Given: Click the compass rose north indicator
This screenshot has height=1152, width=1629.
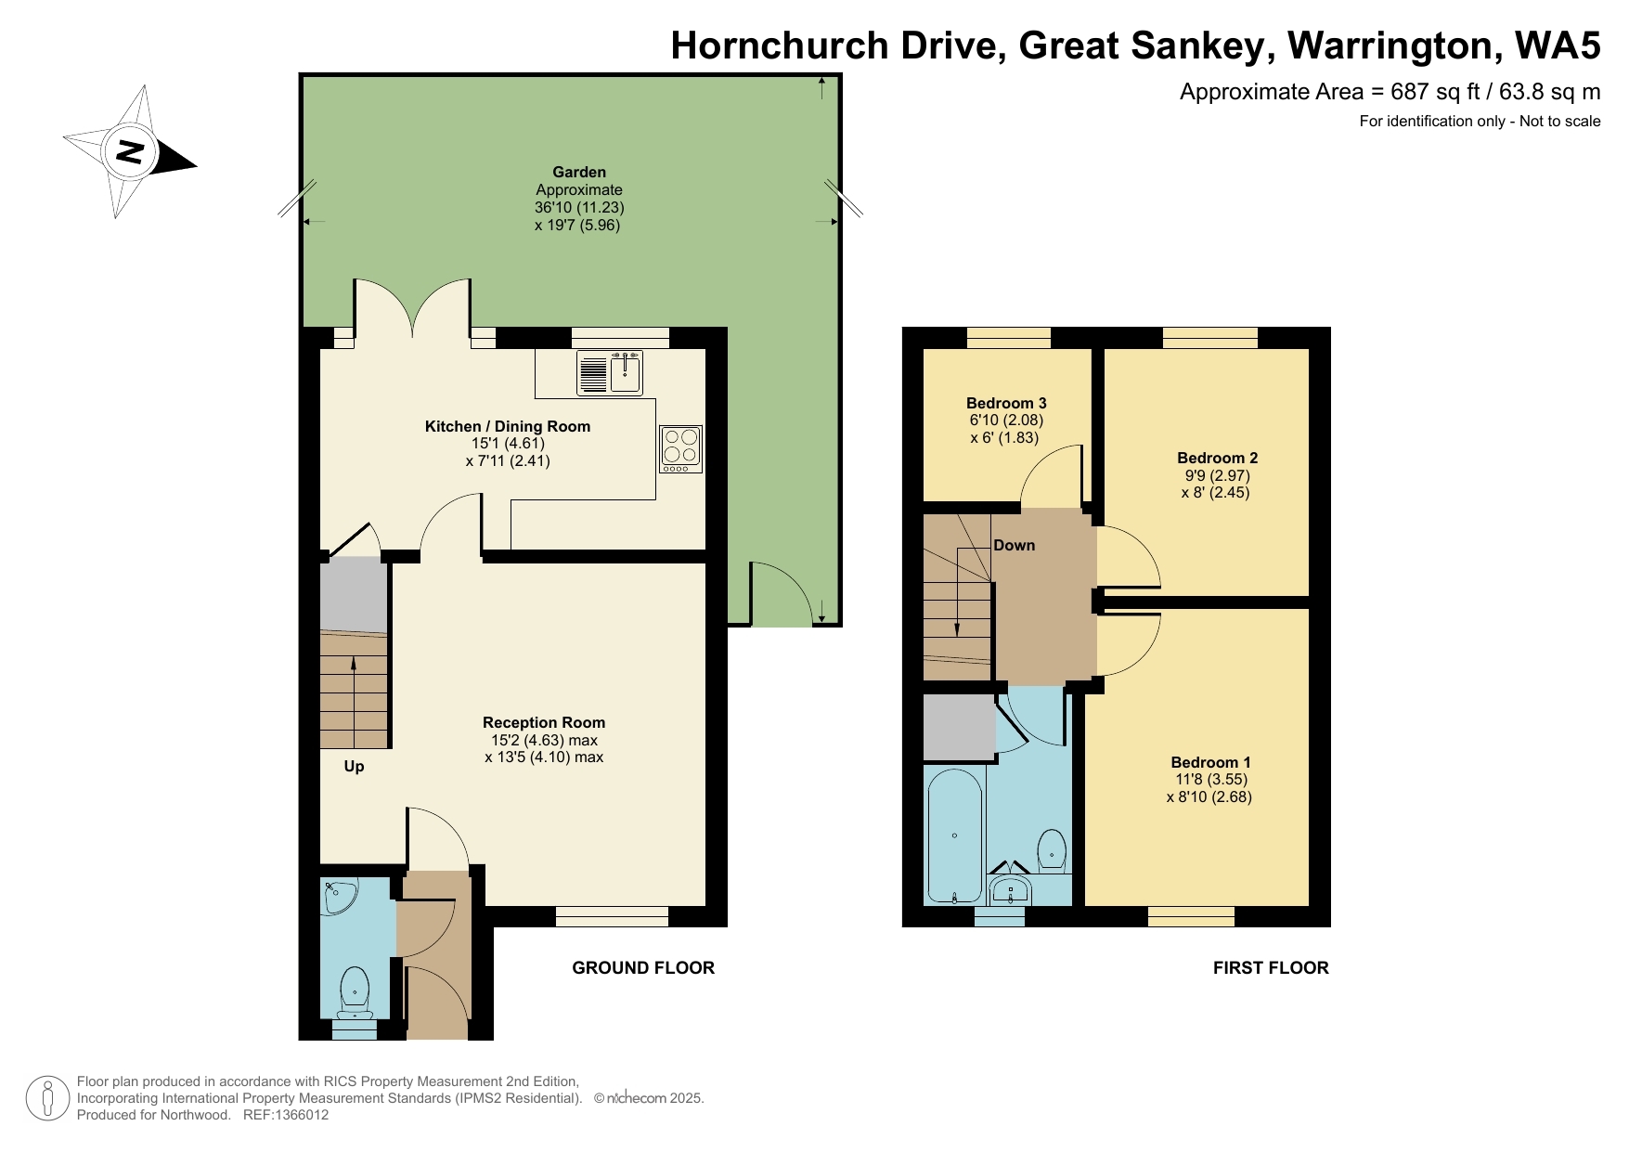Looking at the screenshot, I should [129, 151].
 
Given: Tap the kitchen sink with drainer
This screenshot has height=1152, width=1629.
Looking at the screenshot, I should [609, 372].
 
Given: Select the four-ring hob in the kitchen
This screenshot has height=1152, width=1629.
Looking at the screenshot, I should [680, 448].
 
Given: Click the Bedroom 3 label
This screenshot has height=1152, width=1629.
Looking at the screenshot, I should [1006, 403].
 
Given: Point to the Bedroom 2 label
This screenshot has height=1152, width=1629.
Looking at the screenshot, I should [1217, 458].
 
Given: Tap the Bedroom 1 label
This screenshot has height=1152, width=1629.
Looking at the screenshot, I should [1210, 762].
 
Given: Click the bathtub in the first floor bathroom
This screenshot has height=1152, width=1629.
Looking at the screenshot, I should [954, 835].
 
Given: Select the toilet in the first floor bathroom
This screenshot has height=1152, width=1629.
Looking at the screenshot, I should [1052, 850].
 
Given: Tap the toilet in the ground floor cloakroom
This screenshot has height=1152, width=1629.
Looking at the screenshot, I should [355, 991].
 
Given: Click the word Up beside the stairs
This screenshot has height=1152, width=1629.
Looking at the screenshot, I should [354, 767].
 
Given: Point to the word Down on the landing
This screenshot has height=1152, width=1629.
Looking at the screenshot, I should [1014, 546].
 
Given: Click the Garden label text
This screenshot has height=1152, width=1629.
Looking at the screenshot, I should [579, 172].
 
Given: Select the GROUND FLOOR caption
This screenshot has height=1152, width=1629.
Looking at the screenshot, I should [643, 968].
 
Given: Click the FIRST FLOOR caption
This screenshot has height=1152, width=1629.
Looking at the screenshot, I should [1270, 968].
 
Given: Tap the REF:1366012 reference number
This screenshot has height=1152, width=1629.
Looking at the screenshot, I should [286, 1115].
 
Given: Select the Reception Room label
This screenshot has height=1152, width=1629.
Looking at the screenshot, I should [544, 722].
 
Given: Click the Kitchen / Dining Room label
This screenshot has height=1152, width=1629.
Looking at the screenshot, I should [508, 426].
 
